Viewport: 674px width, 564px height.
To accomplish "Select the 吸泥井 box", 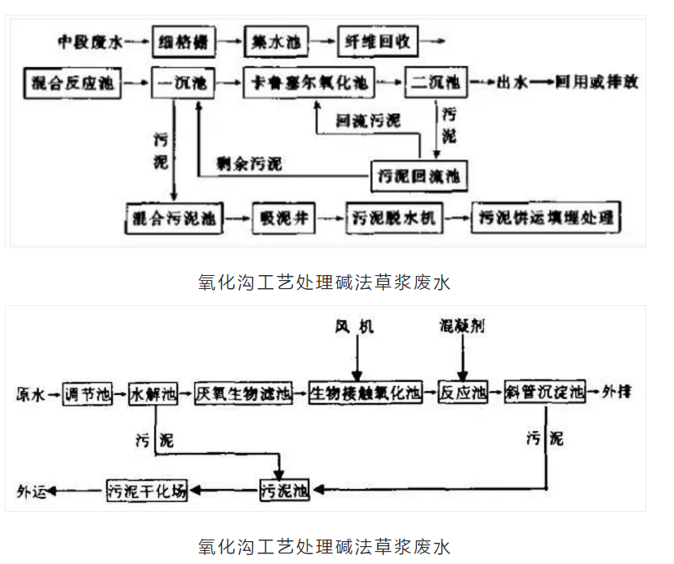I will [282, 219].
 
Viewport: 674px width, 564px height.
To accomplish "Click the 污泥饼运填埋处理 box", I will [546, 219].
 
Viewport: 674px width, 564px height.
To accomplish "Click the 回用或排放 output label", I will [596, 82].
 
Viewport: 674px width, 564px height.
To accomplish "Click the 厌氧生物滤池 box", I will [243, 393].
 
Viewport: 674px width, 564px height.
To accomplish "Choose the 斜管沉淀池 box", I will [545, 393].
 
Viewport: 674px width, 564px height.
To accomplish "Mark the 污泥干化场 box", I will [148, 491].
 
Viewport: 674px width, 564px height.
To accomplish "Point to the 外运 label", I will [32, 491].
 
